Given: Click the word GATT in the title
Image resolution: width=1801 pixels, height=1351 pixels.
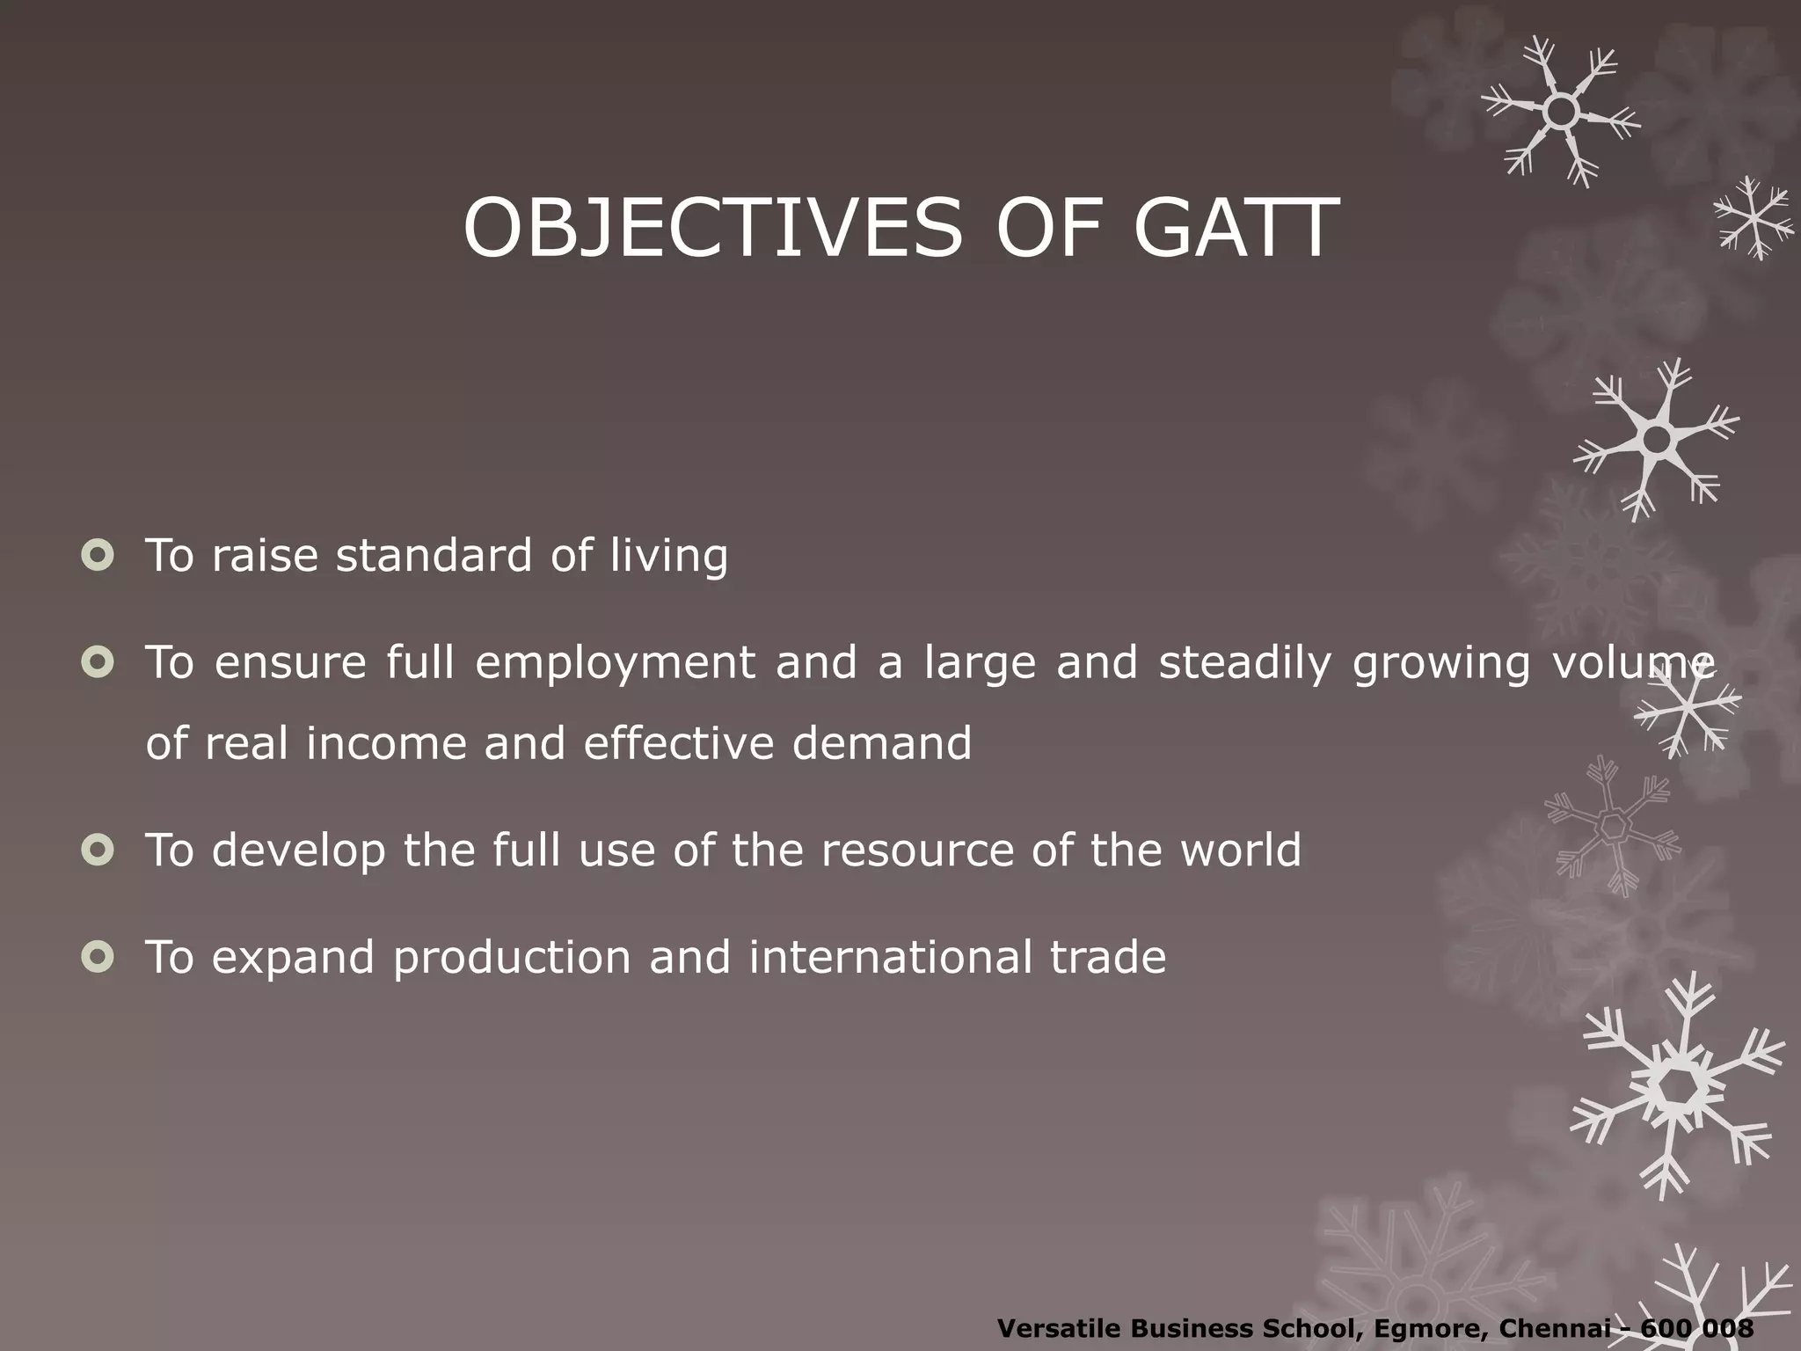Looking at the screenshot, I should pyautogui.click(x=1236, y=229).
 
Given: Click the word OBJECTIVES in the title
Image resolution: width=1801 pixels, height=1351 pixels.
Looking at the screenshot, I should pyautogui.click(x=712, y=229).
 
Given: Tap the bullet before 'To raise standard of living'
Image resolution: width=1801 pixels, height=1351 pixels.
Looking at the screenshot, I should pyautogui.click(x=97, y=555).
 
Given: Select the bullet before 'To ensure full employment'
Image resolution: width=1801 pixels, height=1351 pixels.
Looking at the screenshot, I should pyautogui.click(x=97, y=662).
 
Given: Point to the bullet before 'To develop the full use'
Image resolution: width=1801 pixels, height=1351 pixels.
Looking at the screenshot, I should pyautogui.click(x=97, y=850).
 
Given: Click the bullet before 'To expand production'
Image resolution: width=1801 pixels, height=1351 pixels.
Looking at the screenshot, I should pyautogui.click(x=97, y=957).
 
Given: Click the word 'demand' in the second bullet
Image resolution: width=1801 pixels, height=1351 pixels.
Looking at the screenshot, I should pyautogui.click(x=881, y=743).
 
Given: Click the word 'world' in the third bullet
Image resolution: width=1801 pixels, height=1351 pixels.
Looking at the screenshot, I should pyautogui.click(x=1240, y=850).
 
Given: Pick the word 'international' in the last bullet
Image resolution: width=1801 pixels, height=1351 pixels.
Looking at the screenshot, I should pyautogui.click(x=890, y=957).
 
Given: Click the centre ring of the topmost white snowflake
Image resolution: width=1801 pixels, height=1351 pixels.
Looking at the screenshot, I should pyautogui.click(x=1561, y=112).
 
